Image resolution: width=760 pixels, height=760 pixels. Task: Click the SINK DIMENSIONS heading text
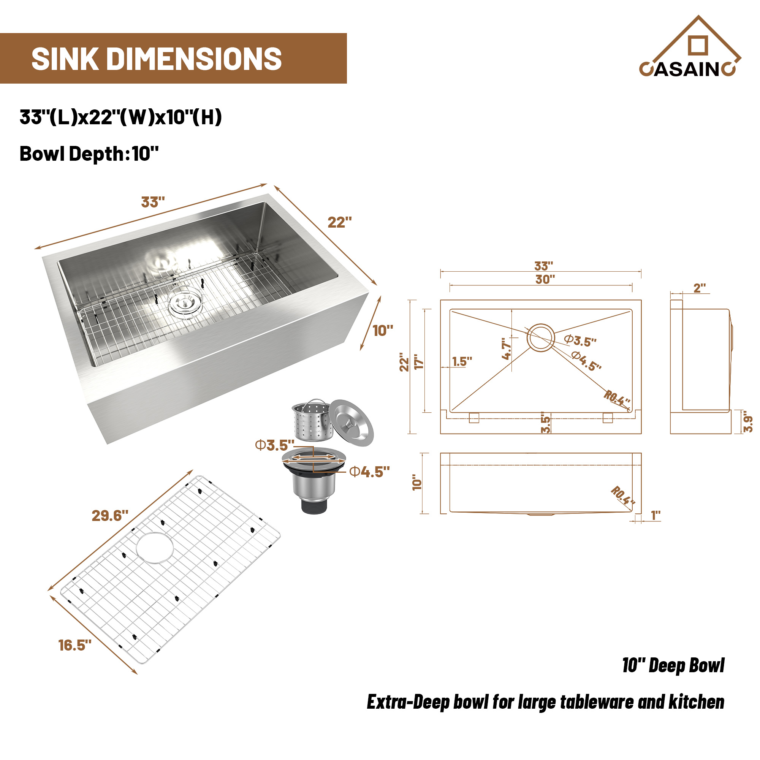(157, 59)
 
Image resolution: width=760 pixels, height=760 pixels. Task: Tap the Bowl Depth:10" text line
(89, 154)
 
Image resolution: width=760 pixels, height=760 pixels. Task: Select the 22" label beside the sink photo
(339, 223)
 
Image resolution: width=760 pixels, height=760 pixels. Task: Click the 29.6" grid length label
(110, 516)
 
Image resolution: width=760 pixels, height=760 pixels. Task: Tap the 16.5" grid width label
(75, 646)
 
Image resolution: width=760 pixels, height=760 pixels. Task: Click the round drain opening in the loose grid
(155, 548)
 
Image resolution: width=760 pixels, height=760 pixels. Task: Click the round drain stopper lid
(351, 423)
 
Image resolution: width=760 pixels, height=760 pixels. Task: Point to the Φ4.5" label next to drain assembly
(369, 472)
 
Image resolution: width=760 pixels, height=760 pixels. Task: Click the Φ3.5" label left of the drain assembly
(275, 445)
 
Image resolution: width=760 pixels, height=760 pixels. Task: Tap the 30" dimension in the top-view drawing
(545, 280)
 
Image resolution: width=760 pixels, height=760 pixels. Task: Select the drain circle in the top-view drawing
(540, 338)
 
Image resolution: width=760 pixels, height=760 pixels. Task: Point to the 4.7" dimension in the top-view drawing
(507, 348)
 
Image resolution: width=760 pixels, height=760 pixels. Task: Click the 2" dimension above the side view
(700, 288)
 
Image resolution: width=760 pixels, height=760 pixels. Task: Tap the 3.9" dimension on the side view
(747, 424)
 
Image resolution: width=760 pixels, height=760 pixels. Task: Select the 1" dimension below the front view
(655, 515)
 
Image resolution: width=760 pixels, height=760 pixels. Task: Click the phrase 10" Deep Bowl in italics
(673, 665)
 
